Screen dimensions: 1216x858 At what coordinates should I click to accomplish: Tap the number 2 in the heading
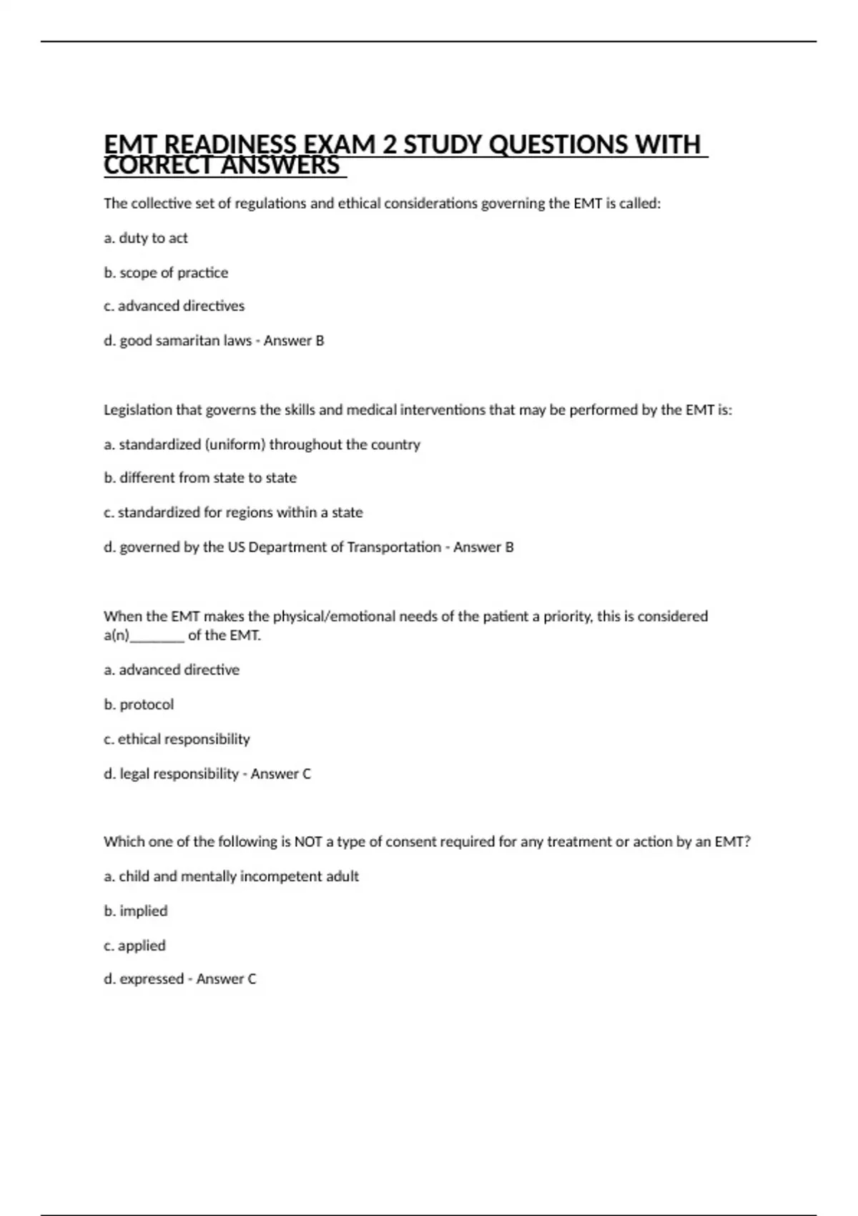click(x=388, y=144)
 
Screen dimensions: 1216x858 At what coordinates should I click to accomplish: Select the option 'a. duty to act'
click(x=146, y=238)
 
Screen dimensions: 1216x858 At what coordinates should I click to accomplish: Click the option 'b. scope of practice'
click(x=166, y=273)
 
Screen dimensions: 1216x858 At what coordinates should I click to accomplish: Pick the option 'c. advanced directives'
click(x=174, y=306)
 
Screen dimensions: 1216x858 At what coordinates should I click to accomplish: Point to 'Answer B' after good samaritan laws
click(x=294, y=341)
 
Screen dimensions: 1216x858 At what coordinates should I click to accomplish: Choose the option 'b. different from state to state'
click(x=200, y=478)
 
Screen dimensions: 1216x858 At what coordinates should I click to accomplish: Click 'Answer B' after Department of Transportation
click(x=483, y=547)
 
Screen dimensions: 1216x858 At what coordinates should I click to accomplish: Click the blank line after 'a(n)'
click(x=157, y=636)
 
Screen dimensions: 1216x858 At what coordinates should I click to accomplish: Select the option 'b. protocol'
click(x=139, y=705)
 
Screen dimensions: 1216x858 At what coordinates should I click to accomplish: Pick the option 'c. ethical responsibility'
click(x=177, y=739)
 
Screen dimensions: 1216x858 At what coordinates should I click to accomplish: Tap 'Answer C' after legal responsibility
click(x=280, y=774)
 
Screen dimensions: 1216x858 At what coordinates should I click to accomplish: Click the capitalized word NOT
click(x=308, y=842)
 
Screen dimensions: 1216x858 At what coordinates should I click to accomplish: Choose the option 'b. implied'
click(x=136, y=911)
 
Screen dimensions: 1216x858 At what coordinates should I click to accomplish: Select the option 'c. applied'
click(x=134, y=946)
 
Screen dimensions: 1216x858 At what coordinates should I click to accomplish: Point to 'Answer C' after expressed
click(x=226, y=979)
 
